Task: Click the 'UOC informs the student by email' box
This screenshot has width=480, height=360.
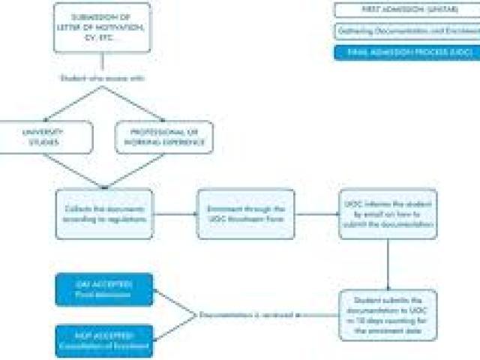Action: [387, 214]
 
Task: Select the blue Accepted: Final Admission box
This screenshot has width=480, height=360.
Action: [103, 290]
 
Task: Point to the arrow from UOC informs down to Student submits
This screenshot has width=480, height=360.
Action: [387, 264]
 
